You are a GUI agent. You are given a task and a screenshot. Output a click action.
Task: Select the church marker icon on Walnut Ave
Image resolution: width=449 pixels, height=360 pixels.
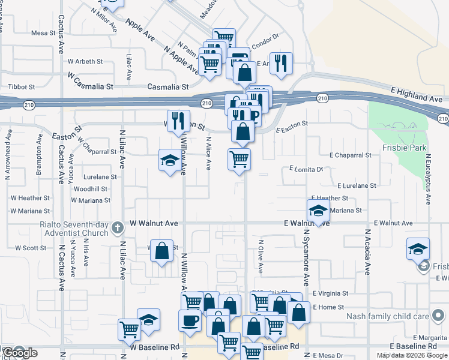click(x=118, y=227)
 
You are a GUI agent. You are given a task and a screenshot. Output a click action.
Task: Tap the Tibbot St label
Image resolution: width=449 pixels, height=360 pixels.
click(x=21, y=87)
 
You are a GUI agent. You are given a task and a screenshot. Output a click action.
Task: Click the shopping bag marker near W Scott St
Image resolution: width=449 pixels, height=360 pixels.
click(x=162, y=250)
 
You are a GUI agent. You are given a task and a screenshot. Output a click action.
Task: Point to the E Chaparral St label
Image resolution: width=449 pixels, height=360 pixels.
click(x=348, y=155)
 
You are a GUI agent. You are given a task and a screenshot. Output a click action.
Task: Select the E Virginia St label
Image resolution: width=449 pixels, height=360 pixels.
click(x=331, y=293)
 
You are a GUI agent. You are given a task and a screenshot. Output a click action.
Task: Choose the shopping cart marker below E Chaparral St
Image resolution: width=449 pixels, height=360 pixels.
click(x=239, y=159)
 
